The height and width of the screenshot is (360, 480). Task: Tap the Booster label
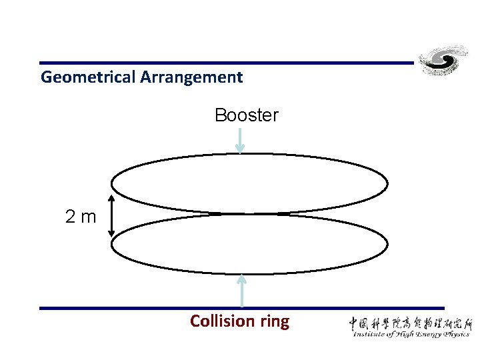(246, 115)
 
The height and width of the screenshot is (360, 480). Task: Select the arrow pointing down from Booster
(241, 141)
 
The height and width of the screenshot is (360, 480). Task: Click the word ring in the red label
(275, 322)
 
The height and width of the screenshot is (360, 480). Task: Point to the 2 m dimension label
(81, 216)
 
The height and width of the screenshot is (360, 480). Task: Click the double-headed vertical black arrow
(111, 215)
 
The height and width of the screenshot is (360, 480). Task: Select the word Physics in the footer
(454, 335)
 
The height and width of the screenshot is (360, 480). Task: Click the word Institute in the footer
(371, 334)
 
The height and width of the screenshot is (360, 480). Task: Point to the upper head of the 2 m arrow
(111, 199)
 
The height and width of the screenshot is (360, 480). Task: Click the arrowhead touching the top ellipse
(241, 149)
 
